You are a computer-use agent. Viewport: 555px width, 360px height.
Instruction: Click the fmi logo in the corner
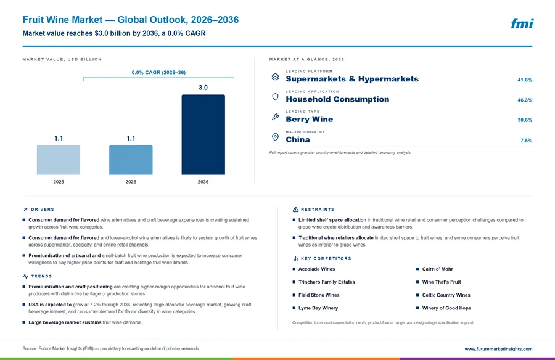522,23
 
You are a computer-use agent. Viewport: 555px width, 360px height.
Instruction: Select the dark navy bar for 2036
203,134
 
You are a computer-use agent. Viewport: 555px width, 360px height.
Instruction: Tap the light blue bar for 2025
59,160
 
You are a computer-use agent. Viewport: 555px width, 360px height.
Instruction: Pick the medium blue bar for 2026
131,160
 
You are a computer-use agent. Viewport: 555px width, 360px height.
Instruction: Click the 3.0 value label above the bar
203,88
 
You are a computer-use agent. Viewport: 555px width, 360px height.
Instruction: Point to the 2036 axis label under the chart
203,182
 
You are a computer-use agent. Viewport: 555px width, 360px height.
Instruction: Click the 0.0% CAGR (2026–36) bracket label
158,72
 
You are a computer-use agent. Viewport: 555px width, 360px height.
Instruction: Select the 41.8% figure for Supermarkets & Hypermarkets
525,80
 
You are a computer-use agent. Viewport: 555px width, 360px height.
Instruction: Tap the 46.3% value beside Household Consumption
525,100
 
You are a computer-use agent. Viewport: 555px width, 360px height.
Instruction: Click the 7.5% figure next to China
527,141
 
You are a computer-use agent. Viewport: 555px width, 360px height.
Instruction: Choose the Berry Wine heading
310,120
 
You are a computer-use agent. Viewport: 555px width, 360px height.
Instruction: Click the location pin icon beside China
276,137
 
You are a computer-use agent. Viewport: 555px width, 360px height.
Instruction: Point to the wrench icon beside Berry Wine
276,117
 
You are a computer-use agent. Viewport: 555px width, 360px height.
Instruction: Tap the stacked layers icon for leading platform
276,76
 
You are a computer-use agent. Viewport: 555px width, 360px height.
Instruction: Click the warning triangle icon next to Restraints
295,210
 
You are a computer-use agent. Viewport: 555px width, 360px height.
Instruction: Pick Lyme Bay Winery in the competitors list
318,308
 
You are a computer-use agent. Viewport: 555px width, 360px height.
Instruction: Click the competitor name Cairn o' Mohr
437,269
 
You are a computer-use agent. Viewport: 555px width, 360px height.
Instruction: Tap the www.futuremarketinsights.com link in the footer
498,349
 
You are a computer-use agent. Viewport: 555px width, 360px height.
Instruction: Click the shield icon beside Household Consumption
276,97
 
